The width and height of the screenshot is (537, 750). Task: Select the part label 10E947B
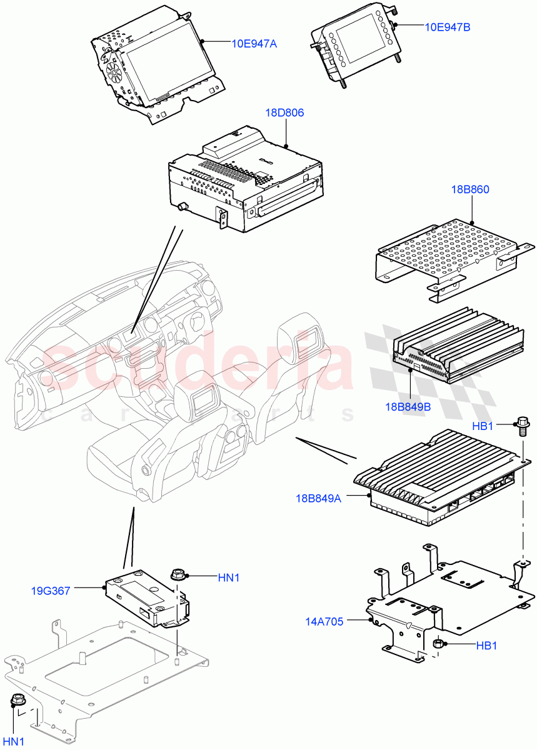tap(448, 27)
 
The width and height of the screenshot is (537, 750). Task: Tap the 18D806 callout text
tap(284, 113)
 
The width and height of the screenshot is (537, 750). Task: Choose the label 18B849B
tap(408, 407)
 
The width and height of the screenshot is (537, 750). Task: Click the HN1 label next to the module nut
tap(229, 578)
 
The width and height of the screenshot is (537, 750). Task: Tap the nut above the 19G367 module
tap(178, 573)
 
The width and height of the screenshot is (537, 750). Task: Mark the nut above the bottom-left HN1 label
tap(17, 701)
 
